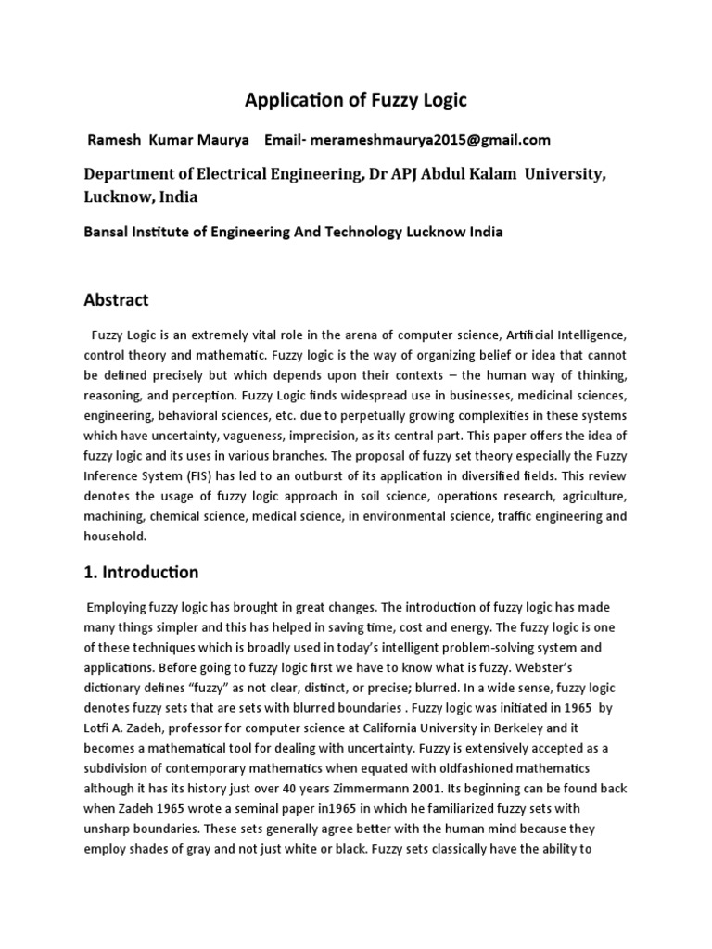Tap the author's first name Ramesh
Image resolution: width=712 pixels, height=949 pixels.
[x=113, y=140]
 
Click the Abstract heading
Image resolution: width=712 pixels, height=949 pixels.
[x=116, y=300]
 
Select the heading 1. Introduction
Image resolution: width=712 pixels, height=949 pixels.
[x=141, y=572]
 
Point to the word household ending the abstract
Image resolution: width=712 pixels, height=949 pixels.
[x=115, y=537]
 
